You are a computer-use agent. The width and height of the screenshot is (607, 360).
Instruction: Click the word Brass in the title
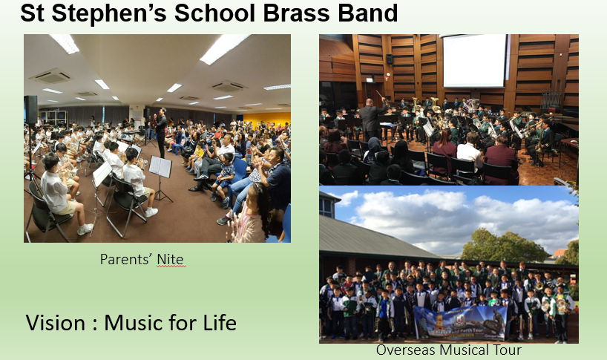[296, 13]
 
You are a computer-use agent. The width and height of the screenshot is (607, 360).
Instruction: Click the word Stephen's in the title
[110, 13]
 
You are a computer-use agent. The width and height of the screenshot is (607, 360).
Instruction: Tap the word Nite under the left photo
[171, 259]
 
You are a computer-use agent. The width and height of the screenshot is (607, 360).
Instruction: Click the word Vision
[56, 322]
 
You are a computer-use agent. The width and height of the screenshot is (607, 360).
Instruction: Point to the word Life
[220, 322]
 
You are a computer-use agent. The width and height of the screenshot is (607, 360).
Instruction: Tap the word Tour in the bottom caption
[507, 350]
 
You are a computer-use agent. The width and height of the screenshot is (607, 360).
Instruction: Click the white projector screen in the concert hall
[474, 61]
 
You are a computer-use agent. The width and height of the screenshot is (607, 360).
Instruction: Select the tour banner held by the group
[460, 322]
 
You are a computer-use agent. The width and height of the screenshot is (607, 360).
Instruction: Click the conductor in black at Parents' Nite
[162, 131]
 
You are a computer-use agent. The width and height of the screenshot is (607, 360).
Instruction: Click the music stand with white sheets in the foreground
[160, 167]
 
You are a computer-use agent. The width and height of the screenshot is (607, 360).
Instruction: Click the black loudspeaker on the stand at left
[30, 110]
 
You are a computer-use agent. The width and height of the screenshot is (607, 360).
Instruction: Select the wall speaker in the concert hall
[389, 59]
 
